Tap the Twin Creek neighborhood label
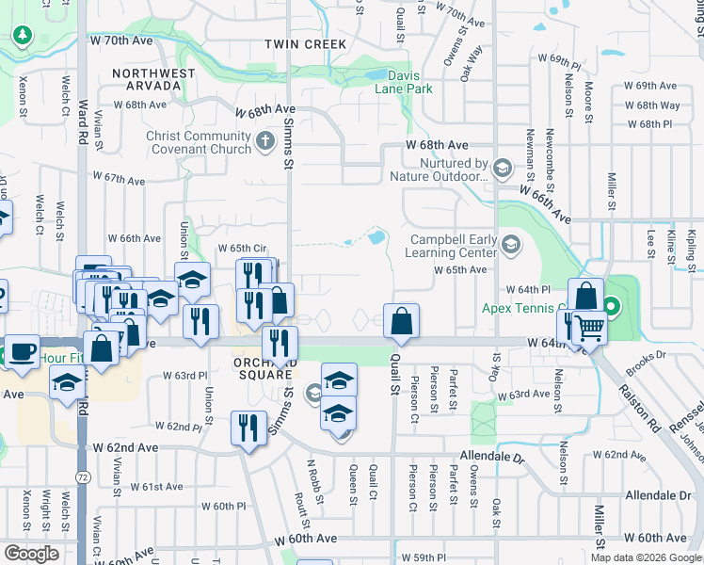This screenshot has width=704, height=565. [x=306, y=44]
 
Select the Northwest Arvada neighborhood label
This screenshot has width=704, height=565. [x=154, y=79]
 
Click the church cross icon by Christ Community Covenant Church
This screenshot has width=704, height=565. [x=265, y=143]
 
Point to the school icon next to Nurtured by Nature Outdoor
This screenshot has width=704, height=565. [x=503, y=169]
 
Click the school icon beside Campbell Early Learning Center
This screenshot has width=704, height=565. [x=510, y=247]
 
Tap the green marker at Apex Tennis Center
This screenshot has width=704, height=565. [x=610, y=306]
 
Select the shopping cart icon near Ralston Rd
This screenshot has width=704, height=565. [x=589, y=328]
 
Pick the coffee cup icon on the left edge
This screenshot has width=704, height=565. [x=21, y=352]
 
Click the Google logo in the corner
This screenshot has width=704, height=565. [x=32, y=553]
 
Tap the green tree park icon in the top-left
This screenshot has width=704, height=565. [x=22, y=36]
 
